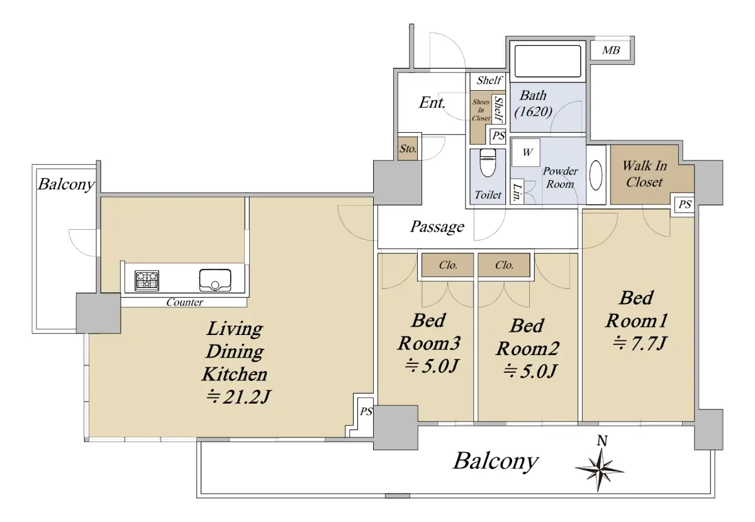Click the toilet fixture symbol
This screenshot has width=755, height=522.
click(x=488, y=162)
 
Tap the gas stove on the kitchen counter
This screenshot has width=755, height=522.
click(x=147, y=280)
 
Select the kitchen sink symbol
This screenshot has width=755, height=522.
click(x=215, y=280)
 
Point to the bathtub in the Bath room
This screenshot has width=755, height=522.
click(x=548, y=62)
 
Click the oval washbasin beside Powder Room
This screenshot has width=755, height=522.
click(x=596, y=175)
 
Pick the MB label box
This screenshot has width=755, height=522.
click(x=611, y=50)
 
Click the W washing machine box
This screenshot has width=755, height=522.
click(x=526, y=152)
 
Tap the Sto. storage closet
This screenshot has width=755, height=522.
click(x=408, y=148)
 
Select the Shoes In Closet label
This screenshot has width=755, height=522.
click(x=481, y=110)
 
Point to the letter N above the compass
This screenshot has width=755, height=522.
click(x=602, y=441)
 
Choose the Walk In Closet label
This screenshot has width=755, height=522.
click(x=644, y=174)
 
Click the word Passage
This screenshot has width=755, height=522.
click(x=437, y=227)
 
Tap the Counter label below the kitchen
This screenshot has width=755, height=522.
click(x=185, y=302)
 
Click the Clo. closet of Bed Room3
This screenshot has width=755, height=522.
click(x=447, y=265)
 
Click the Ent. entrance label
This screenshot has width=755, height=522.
click(x=432, y=103)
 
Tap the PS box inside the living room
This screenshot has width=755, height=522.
click(x=366, y=412)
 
